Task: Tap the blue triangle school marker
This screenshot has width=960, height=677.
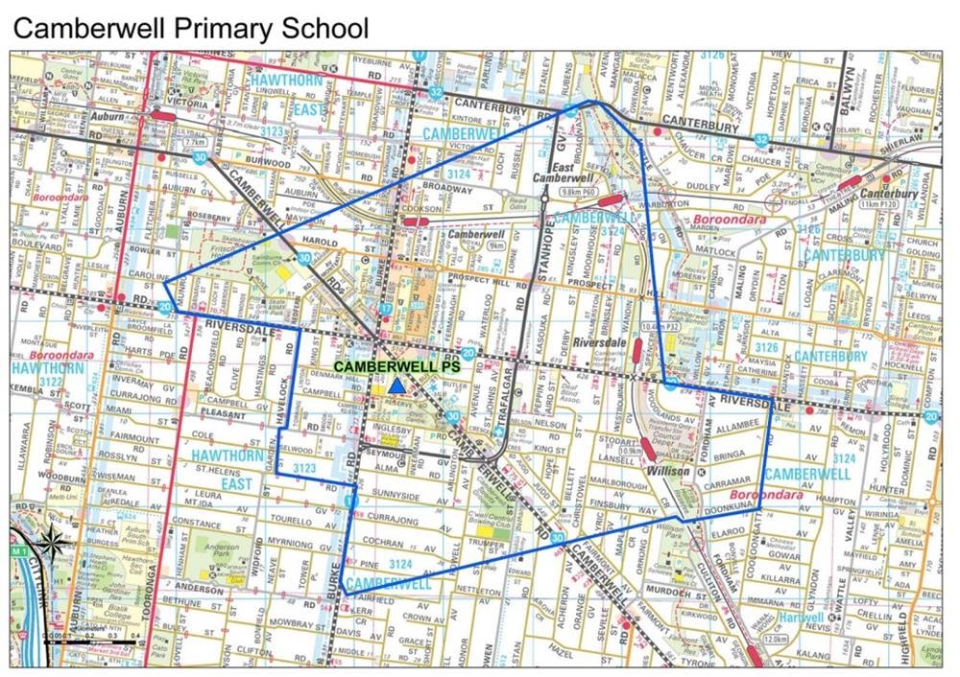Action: [x=395, y=385]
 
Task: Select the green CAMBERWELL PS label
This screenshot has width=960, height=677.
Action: [x=396, y=365]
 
